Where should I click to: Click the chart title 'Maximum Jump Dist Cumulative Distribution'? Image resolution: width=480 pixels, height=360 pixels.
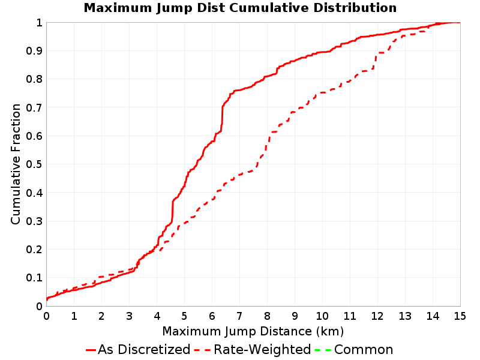coord(241,8)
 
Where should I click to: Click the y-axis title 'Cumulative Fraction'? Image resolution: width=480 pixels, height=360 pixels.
coord(16,164)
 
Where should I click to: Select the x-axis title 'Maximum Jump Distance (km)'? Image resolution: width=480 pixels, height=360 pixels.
coord(253,331)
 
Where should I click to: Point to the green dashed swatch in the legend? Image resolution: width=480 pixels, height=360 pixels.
coord(323,350)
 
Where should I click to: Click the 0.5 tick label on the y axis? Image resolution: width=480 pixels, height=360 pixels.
coord(34,164)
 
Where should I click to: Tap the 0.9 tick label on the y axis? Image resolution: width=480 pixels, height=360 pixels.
coord(34,51)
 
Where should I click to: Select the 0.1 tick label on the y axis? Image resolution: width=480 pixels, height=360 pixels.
coord(34,278)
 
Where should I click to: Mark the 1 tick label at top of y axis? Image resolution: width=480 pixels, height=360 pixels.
coord(39,23)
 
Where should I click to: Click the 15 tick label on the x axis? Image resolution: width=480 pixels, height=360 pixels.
coord(460,316)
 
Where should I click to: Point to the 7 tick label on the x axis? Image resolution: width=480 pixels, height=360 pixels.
coord(239,316)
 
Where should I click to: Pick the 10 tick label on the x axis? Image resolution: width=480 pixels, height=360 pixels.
coord(322,316)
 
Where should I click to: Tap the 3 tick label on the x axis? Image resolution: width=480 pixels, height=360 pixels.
coord(129,316)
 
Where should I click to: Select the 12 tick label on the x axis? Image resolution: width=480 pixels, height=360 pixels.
coord(377,316)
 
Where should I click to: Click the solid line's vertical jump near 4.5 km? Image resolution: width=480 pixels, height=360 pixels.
coord(172,211)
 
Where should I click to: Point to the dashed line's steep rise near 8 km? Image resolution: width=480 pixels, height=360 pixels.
coord(267,144)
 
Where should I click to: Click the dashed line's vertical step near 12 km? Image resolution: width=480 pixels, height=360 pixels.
coord(375,61)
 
